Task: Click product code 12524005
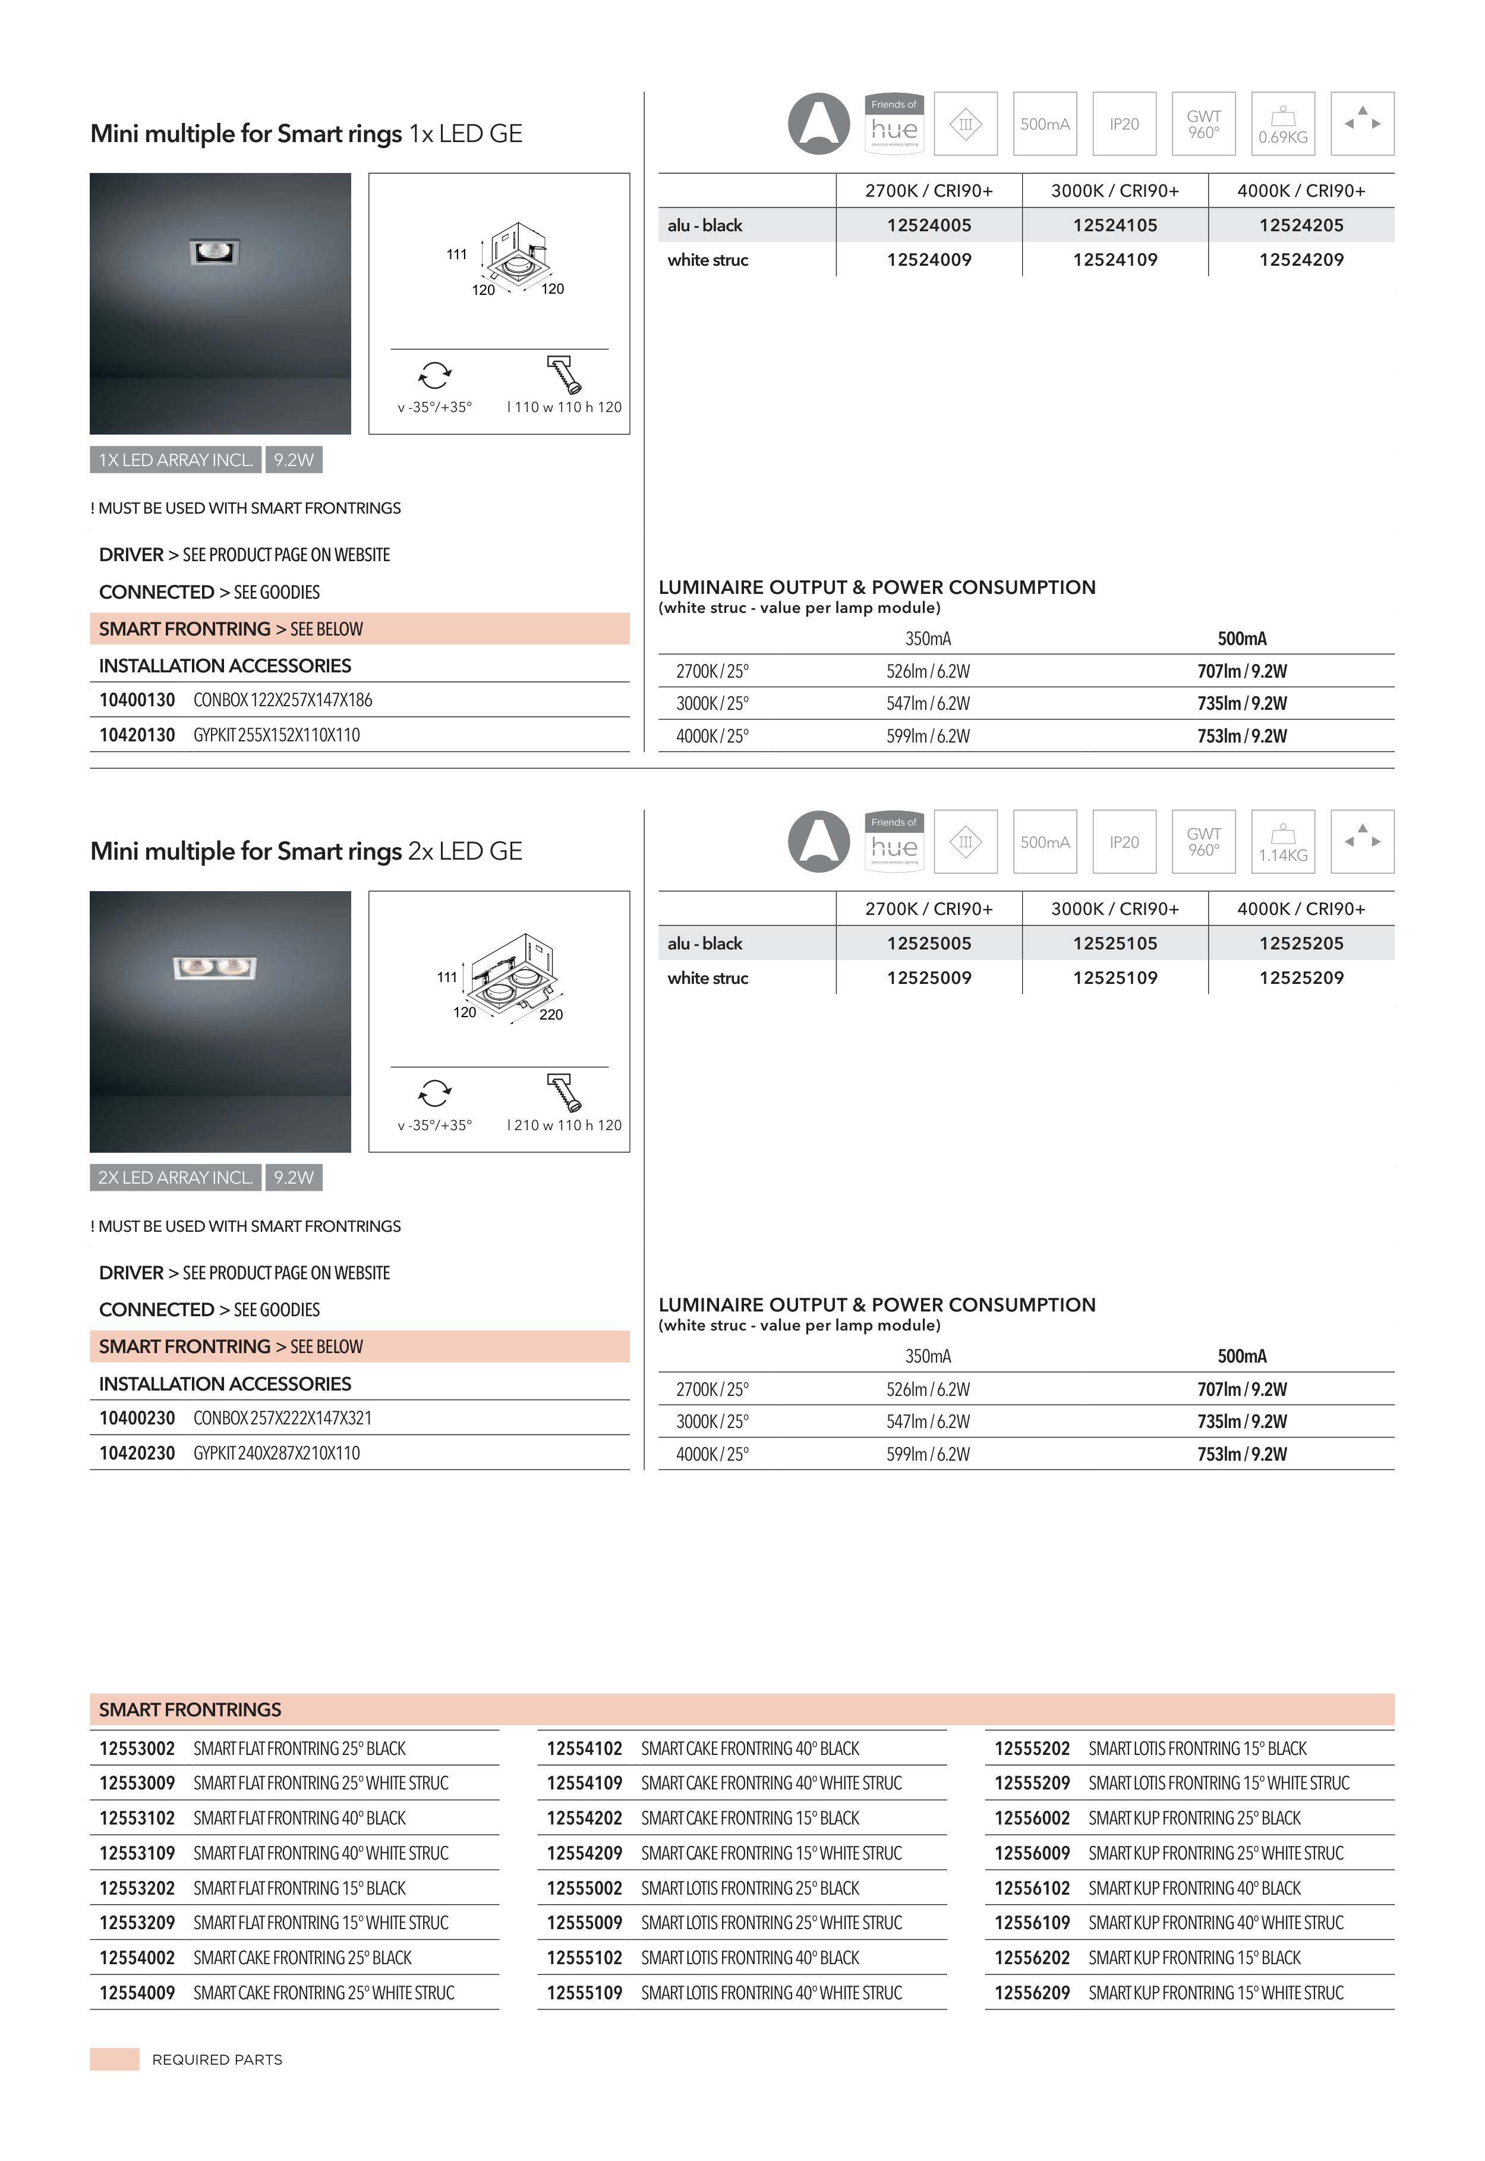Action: (929, 225)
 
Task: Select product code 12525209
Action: (1301, 978)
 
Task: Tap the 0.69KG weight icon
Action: (1283, 124)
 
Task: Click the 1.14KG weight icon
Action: (1283, 842)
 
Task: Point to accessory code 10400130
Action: (137, 700)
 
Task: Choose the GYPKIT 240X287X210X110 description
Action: (276, 1453)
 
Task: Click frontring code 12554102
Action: (584, 1749)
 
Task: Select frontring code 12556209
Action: (1032, 1993)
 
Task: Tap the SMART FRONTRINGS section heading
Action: (190, 1710)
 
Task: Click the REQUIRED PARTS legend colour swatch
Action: (115, 2059)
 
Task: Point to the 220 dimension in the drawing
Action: (551, 1014)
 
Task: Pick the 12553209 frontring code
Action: (137, 1923)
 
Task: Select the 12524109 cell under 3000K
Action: (1115, 260)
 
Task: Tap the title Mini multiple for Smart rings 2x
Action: (306, 851)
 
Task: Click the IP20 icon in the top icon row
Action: (1124, 124)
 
